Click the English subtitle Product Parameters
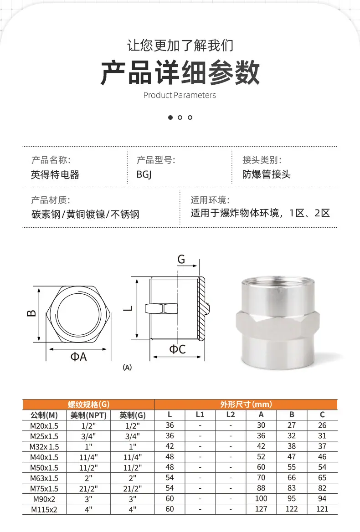tap(180, 95)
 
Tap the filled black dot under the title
tap(170, 118)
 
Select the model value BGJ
tap(144, 174)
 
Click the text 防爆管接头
tap(266, 174)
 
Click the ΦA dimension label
tap(78, 357)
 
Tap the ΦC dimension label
tap(177, 349)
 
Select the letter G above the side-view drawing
tap(181, 260)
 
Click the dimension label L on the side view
tap(128, 308)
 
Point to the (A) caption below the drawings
tap(127, 367)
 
